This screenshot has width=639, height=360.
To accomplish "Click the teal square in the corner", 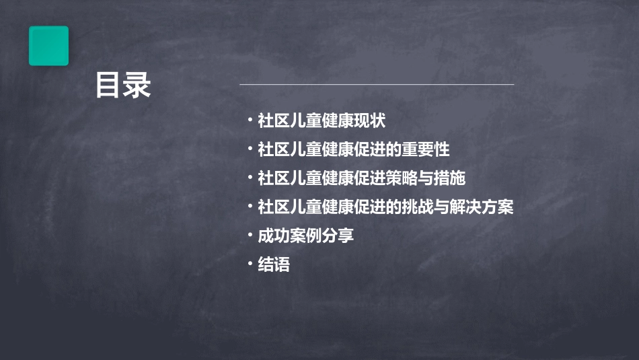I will [48, 46].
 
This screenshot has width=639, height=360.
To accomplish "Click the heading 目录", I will [123, 86].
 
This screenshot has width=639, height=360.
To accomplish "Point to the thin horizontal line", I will [377, 85].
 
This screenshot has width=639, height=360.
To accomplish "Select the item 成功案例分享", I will [306, 236].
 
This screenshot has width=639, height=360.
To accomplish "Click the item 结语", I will [274, 265].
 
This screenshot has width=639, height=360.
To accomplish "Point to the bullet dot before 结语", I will [250, 264].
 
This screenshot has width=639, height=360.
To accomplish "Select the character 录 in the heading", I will [137, 86].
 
